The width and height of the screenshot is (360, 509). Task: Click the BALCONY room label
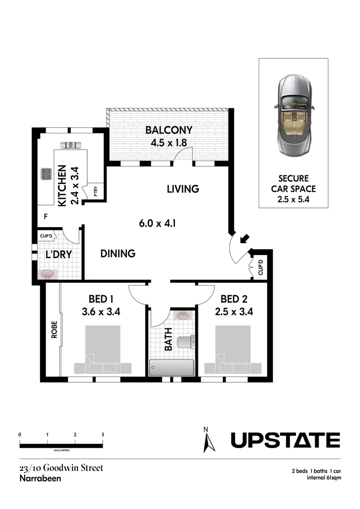[168, 130]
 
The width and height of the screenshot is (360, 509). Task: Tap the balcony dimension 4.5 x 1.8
[168, 143]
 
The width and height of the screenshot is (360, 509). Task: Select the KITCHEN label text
[61, 186]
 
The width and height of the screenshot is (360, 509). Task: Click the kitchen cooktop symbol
[47, 174]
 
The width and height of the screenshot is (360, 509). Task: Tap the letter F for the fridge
[46, 217]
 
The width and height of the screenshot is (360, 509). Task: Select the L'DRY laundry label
[58, 254]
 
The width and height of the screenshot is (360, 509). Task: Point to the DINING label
[118, 254]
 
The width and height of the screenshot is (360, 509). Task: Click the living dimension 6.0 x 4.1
[157, 223]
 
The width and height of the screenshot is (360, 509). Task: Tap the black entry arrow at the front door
[245, 239]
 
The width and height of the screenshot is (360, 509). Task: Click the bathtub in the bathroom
[172, 367]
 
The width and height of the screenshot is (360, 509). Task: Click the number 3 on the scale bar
[102, 434]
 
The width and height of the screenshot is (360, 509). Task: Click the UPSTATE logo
[285, 440]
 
